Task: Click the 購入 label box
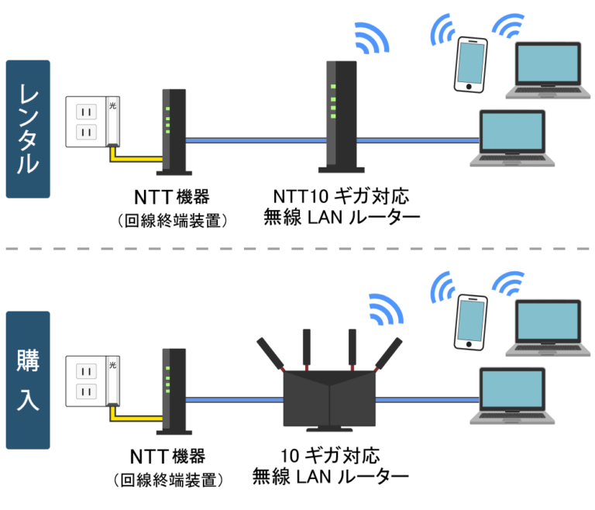[x=27, y=380]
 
